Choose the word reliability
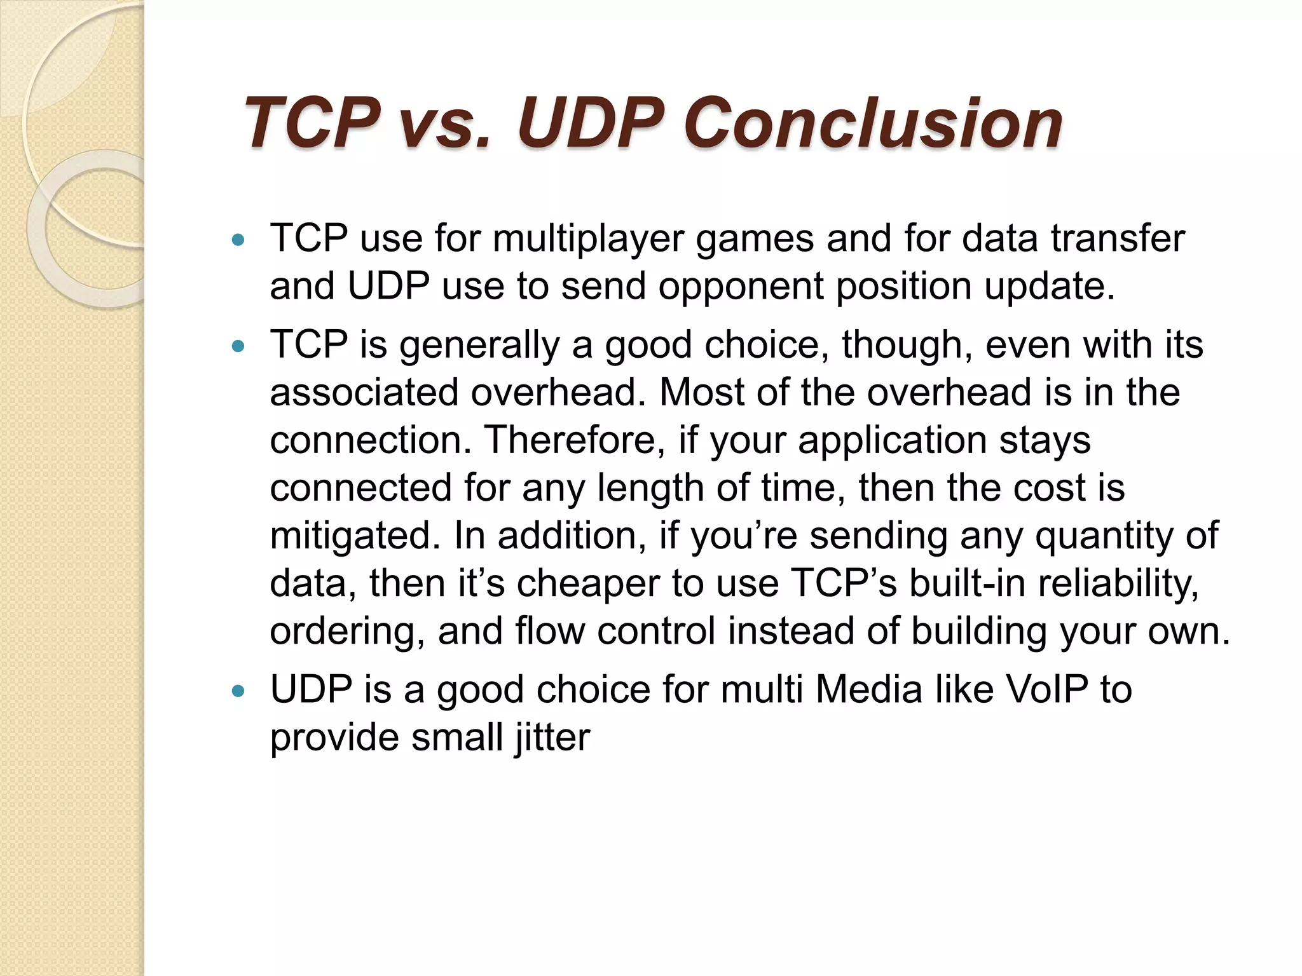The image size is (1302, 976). coord(1118,583)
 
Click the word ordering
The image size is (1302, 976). coord(347,632)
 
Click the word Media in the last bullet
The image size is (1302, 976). coord(868,689)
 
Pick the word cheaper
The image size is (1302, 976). coord(588,583)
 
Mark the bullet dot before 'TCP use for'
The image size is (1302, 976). coord(238,240)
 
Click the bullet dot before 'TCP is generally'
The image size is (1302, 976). coord(238,346)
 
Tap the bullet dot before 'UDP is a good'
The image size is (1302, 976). coord(238,691)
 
